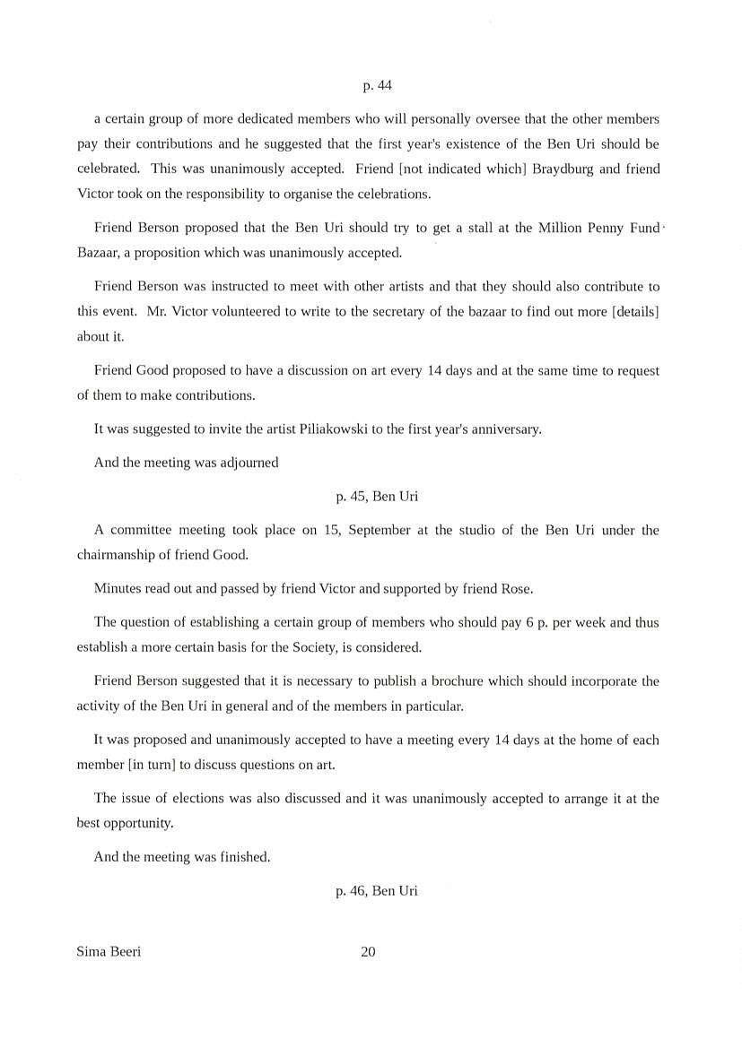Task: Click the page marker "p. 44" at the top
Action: [x=377, y=86]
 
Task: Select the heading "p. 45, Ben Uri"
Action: [x=377, y=496]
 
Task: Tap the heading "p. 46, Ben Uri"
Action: [x=377, y=890]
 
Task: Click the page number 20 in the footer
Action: [x=368, y=952]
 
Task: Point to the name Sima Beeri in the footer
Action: [x=109, y=952]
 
